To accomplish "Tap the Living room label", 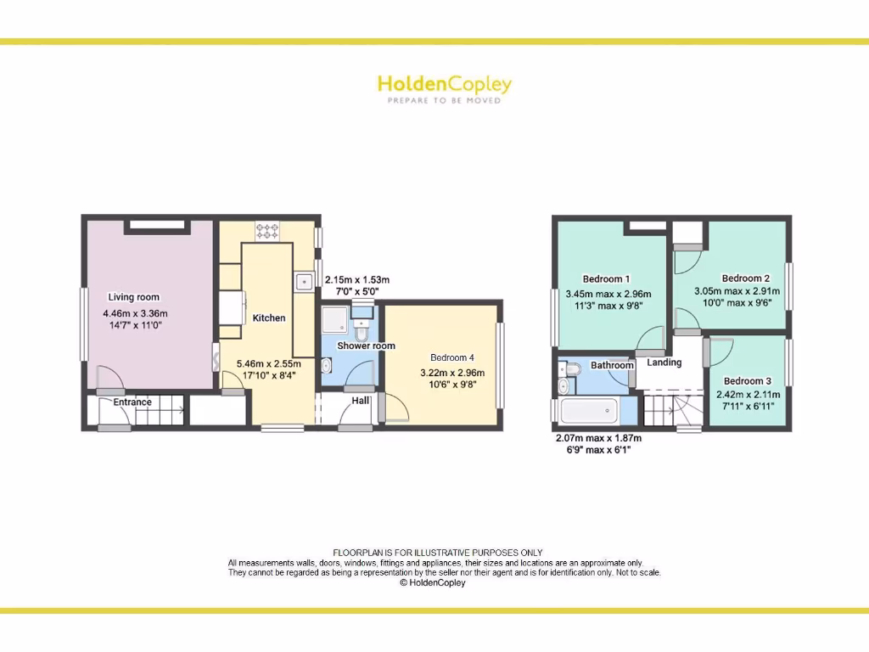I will click(x=133, y=297).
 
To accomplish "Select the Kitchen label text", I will click(x=269, y=318).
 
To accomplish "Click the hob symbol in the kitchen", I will click(x=267, y=229).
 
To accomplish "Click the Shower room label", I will click(x=366, y=346).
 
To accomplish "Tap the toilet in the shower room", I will click(x=362, y=329).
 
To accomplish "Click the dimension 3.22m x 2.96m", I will click(x=452, y=373).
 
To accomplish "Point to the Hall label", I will click(x=361, y=400).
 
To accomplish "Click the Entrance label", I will click(x=132, y=402).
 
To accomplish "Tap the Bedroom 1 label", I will click(x=606, y=278).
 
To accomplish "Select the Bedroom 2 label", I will click(x=746, y=278).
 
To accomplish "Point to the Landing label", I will click(x=664, y=363).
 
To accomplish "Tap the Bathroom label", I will click(x=612, y=366).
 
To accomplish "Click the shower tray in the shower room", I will click(x=334, y=319).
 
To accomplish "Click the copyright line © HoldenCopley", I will click(x=432, y=583).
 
